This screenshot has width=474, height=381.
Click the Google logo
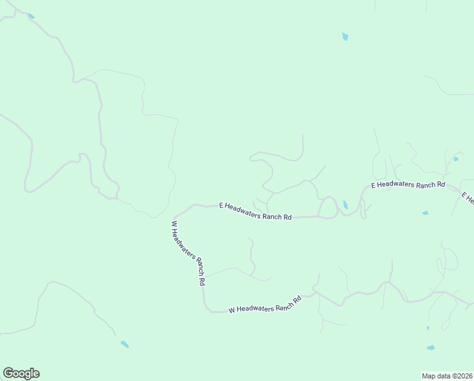click(21, 373)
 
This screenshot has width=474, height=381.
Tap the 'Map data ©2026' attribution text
click(447, 375)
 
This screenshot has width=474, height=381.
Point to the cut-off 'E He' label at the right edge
click(468, 199)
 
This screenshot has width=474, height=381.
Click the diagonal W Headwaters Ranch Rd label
click(188, 253)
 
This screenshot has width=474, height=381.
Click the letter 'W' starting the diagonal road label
click(173, 224)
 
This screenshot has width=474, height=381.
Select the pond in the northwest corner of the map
click(31, 16)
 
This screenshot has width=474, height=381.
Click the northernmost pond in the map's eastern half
click(345, 37)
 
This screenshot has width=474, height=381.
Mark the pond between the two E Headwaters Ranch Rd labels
click(345, 205)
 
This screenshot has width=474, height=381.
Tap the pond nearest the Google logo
click(125, 344)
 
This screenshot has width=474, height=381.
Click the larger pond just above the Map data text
click(431, 348)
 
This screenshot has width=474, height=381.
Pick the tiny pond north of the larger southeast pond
click(428, 328)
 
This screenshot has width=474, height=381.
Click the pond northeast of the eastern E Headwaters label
click(456, 159)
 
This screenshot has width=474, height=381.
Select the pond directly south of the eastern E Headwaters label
click(425, 213)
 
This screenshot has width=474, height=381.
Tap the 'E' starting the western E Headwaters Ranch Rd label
click(221, 205)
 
